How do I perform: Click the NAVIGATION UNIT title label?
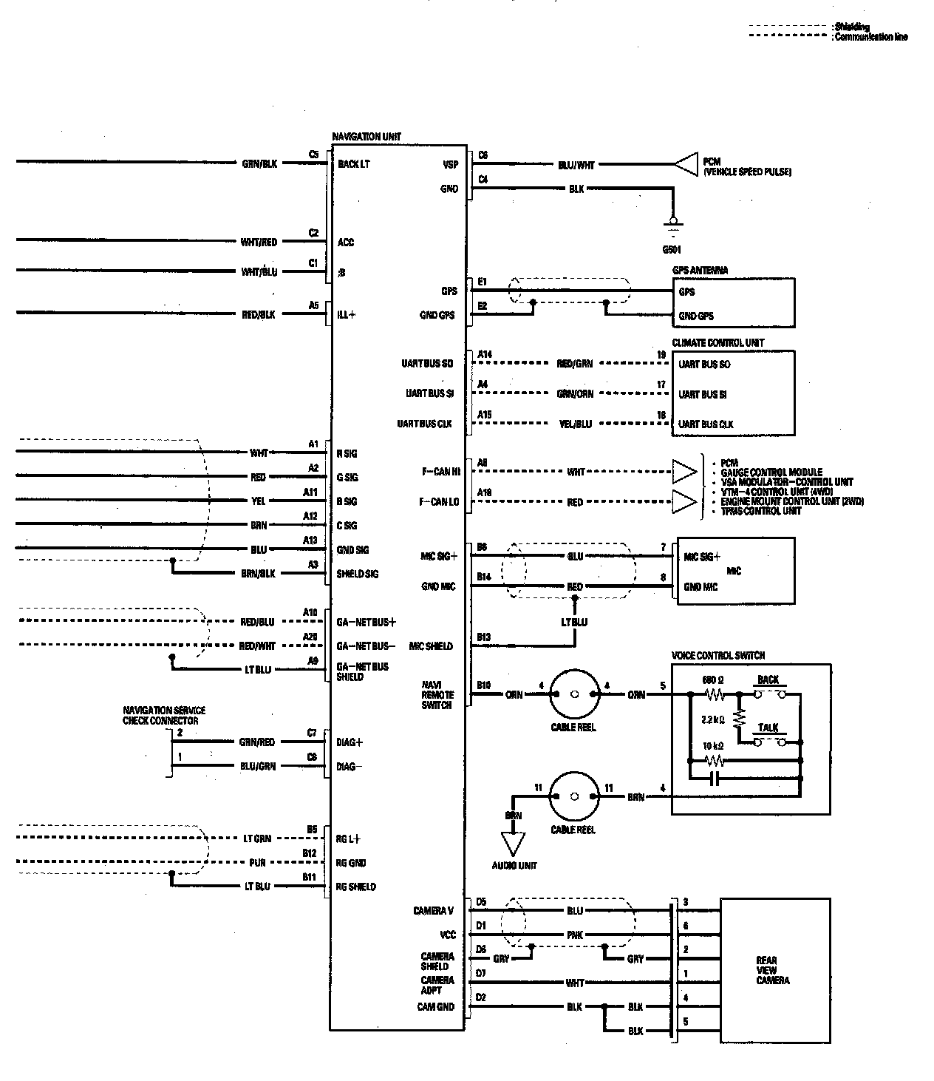[367, 137]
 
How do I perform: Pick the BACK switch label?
[768, 680]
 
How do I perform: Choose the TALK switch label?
[768, 728]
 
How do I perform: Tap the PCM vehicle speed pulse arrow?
[686, 166]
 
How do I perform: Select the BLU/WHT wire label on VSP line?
[576, 166]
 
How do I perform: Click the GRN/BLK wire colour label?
[259, 163]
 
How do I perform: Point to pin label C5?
[313, 155]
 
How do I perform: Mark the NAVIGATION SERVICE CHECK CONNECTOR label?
[164, 715]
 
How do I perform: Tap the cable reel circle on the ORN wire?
[573, 694]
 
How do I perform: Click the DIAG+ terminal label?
[350, 742]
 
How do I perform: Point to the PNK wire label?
[575, 935]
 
